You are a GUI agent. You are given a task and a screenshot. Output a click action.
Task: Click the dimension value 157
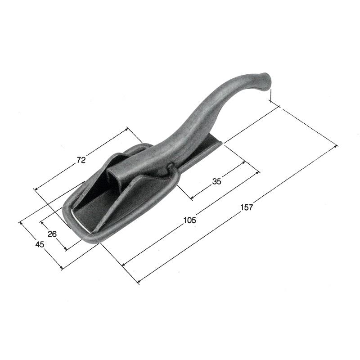pos(247,207)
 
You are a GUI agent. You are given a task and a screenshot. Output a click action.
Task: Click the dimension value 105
pos(190,220)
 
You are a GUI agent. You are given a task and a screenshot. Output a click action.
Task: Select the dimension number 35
pos(217,181)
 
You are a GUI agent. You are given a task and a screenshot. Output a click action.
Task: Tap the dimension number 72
pos(81,160)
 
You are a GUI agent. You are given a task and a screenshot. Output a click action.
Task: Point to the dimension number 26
pos(52,234)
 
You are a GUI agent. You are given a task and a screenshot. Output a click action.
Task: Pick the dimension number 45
pos(40,244)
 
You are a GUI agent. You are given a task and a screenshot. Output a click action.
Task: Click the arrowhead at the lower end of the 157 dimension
pos(139,281)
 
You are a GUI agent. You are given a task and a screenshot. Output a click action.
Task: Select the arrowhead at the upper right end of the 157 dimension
pos(336,146)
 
